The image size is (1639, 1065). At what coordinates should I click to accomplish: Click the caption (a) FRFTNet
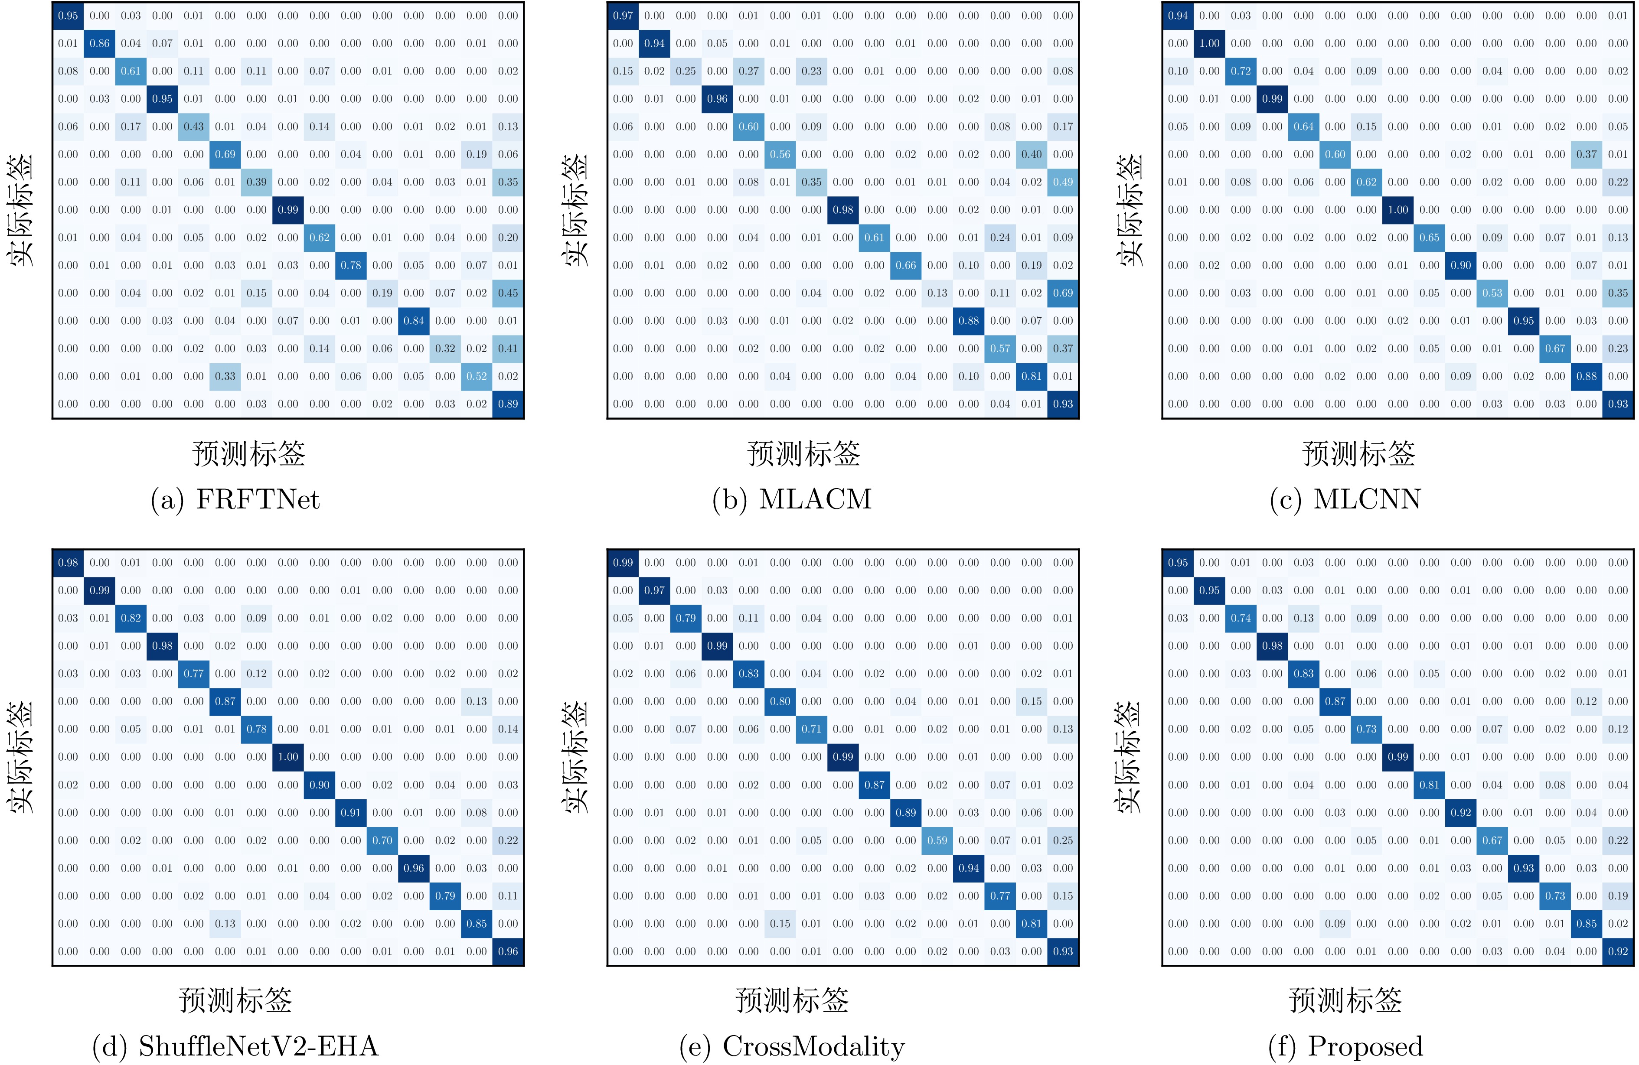[235, 499]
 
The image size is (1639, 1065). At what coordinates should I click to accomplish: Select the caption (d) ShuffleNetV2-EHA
[235, 1046]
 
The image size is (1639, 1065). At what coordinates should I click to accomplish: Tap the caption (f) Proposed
[1345, 1046]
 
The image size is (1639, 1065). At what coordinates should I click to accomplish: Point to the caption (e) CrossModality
[792, 1046]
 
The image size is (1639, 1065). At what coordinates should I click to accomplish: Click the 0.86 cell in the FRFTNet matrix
[99, 43]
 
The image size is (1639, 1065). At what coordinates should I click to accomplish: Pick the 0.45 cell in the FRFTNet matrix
[508, 293]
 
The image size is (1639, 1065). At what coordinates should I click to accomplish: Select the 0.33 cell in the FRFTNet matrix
[225, 376]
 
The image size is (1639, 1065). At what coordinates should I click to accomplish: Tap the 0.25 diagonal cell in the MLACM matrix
[686, 71]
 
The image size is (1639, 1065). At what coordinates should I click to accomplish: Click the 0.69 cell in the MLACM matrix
[1063, 293]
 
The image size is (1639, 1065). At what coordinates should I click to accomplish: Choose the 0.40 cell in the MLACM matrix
[1032, 154]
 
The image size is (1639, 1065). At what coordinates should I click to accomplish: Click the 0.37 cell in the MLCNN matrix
[1587, 154]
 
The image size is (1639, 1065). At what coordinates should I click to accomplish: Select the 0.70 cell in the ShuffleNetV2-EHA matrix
[382, 840]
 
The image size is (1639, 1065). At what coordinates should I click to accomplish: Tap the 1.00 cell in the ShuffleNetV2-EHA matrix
[288, 756]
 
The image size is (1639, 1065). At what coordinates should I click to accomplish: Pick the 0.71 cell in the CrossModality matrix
[811, 729]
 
